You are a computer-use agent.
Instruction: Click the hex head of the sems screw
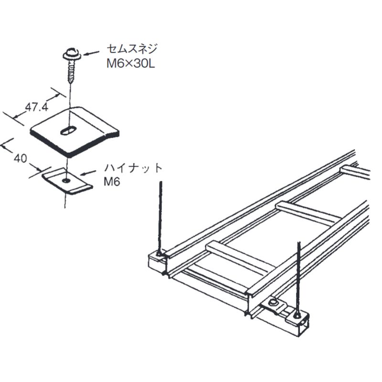tap(70, 52)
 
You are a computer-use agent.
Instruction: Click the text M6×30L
tap(130, 64)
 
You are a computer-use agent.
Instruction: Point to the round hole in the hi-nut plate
tap(65, 180)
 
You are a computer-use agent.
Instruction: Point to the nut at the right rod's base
tap(298, 315)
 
